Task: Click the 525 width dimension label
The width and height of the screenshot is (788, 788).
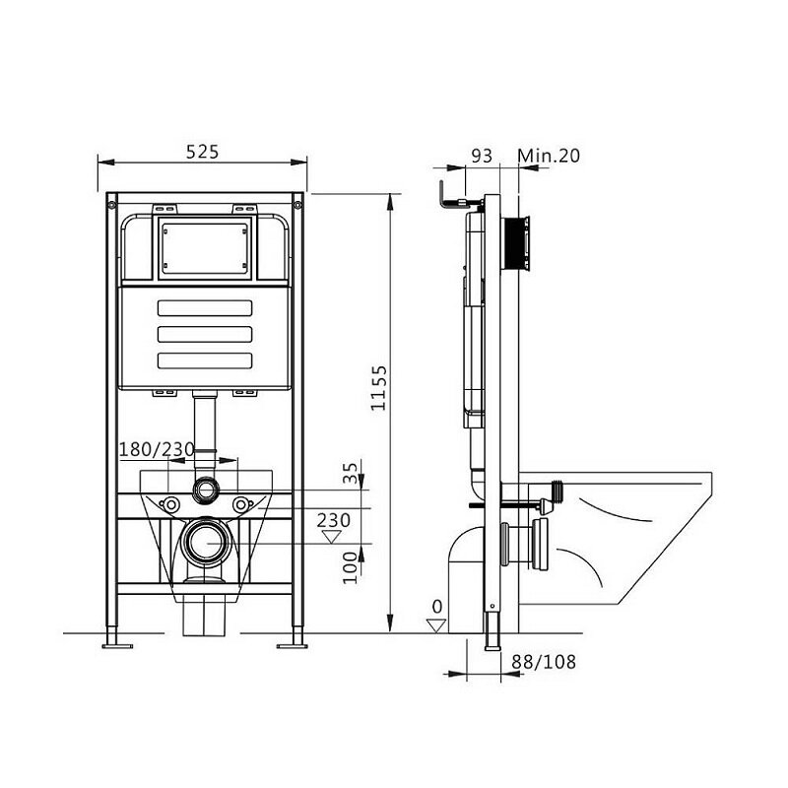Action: coord(203,152)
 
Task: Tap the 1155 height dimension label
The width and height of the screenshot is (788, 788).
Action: coord(379,388)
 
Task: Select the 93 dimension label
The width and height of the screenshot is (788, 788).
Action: coord(482,156)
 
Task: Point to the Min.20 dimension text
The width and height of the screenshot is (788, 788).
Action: coord(549,156)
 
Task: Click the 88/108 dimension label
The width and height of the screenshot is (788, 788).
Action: coord(544,662)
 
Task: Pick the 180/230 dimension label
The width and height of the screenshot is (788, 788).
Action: coord(157,449)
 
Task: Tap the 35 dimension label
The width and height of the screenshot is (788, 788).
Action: coord(351,473)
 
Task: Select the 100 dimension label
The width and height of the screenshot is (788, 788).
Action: coord(351,567)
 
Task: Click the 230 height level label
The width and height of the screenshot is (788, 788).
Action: coord(333,520)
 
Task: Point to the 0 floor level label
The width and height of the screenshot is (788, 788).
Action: coord(436,607)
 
